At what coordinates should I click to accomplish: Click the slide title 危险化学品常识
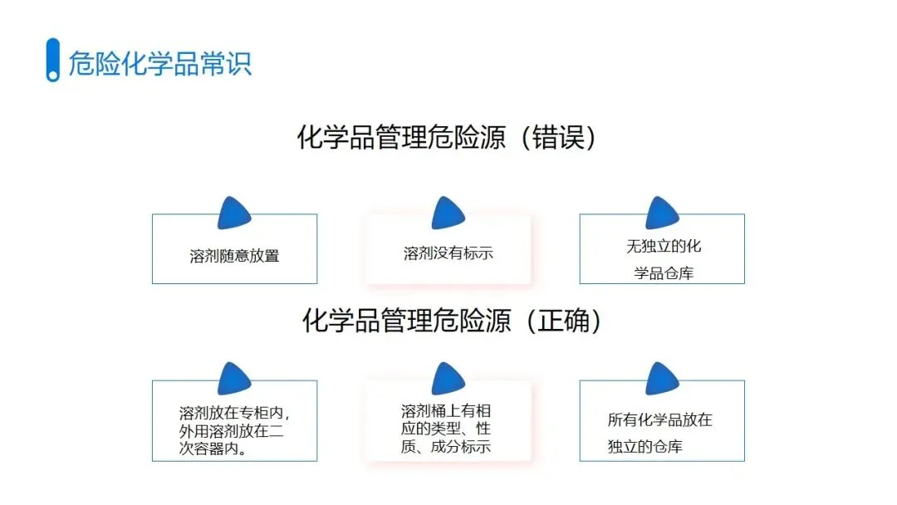(159, 64)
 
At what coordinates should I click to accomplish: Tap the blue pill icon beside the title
(52, 60)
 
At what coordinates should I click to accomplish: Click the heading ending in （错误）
(448, 138)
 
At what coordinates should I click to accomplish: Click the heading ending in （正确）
(452, 321)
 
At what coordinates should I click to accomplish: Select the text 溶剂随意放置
(234, 256)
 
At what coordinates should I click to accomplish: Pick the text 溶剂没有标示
(448, 253)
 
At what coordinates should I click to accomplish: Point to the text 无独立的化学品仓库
(663, 259)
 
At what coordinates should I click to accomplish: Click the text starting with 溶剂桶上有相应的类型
(446, 429)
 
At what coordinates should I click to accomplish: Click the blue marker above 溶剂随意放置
(234, 213)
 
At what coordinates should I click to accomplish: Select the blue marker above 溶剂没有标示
(448, 213)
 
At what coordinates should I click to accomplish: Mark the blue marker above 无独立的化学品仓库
(662, 213)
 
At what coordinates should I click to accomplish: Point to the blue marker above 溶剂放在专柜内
(234, 379)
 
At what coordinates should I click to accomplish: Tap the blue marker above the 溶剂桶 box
(448, 379)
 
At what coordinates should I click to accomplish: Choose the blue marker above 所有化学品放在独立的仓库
(662, 379)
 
